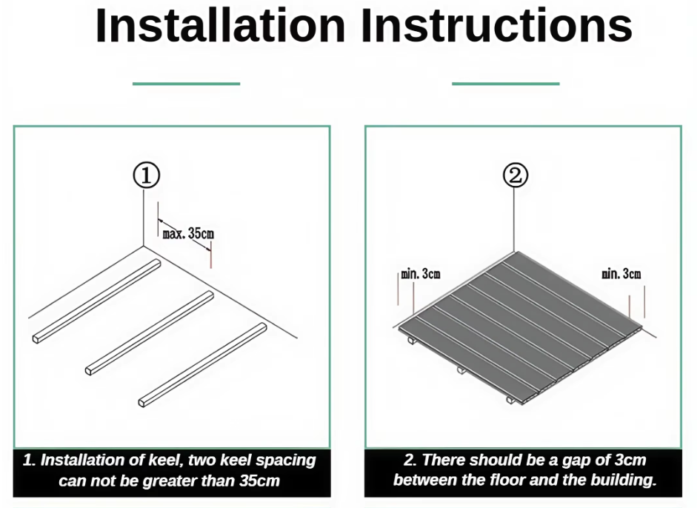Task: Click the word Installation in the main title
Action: (x=221, y=25)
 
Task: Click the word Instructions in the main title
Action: (x=496, y=25)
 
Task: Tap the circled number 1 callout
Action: (x=147, y=175)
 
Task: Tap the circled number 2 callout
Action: (x=516, y=175)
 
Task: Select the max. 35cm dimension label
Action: (x=188, y=233)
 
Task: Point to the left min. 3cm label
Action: (x=421, y=274)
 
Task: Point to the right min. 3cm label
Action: (x=621, y=274)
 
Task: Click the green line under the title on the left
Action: (x=186, y=84)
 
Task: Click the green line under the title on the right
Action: (x=505, y=84)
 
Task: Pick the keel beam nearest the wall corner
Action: (x=96, y=301)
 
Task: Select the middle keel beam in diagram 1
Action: (x=149, y=333)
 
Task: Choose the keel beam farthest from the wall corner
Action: (x=202, y=365)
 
